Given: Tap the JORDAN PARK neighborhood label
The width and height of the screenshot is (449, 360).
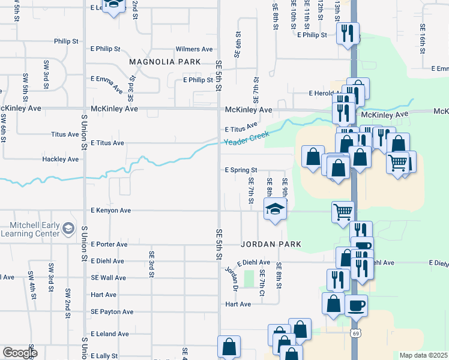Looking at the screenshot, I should (x=271, y=245).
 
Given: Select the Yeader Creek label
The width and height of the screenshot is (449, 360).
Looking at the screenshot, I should (x=246, y=137).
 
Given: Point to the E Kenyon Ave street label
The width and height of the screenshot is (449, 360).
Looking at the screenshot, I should (x=111, y=211).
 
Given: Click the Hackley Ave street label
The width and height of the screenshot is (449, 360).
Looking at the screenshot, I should (x=61, y=160).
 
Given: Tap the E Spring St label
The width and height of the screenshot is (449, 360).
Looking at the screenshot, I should (x=241, y=170).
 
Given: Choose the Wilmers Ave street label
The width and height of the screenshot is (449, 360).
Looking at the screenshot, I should (x=194, y=49).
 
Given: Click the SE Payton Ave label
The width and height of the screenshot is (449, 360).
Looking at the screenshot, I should (x=112, y=312).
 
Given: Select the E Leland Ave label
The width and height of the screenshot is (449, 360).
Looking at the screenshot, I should (x=110, y=334).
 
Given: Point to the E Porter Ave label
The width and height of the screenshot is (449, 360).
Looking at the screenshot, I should (x=109, y=244).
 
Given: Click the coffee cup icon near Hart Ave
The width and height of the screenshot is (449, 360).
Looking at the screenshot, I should (x=356, y=305).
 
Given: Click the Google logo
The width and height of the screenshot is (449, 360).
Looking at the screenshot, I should (x=19, y=353).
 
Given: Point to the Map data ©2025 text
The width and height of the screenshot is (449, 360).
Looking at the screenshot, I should (x=423, y=355).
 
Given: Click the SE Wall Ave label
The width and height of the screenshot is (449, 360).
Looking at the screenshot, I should (x=109, y=278).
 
